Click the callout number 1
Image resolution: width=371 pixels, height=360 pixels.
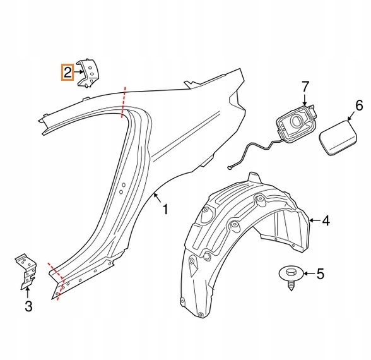coord(165,210)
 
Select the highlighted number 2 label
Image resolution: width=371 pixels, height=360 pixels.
coord(68,72)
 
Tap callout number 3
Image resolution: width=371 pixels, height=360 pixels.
coord(28,306)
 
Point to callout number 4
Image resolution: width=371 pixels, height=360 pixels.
coord(326,221)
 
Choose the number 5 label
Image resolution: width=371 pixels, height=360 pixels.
coord(320,274)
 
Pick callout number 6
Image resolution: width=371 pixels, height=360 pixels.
coord(359,105)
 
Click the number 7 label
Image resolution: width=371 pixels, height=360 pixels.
coord(305,87)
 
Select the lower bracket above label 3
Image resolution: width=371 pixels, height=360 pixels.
coord(26,272)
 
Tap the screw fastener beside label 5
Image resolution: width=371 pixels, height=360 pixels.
coord(291,278)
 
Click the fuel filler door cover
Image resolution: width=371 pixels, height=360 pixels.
coord(339,138)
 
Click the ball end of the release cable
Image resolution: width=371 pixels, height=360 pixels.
coord(229,168)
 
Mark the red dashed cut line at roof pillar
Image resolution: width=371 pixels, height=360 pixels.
coord(123,102)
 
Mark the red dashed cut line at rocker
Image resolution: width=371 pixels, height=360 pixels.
coord(56,280)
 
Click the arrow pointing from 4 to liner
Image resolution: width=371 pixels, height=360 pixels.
coord(315,220)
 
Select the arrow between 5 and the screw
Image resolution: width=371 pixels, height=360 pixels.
coord(309,274)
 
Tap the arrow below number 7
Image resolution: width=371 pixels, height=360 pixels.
coord(305,100)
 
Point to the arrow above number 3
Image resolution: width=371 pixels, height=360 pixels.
coord(28,293)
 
